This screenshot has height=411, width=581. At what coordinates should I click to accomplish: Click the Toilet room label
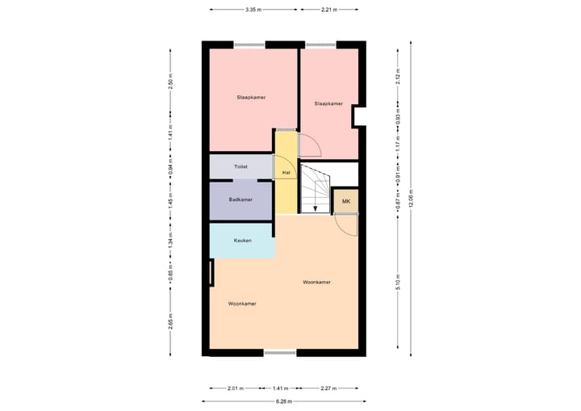tap(240, 166)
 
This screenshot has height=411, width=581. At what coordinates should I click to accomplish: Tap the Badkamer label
tap(240, 199)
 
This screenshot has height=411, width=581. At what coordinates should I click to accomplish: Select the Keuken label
tap(242, 241)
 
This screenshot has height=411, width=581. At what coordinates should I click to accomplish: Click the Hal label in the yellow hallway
tap(286, 173)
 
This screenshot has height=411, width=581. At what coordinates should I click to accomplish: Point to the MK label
tap(346, 201)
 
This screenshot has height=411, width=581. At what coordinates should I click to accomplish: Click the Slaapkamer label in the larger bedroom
tap(251, 97)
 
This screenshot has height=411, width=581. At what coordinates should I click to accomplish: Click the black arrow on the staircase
tap(315, 207)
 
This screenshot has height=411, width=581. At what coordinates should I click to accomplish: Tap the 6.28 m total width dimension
tap(283, 401)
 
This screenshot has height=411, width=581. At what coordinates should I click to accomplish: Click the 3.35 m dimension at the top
tap(255, 10)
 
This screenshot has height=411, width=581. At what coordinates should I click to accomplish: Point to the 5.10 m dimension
tap(398, 283)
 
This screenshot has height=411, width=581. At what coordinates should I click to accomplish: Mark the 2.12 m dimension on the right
tap(398, 78)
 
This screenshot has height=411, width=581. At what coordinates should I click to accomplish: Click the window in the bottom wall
tap(280, 352)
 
